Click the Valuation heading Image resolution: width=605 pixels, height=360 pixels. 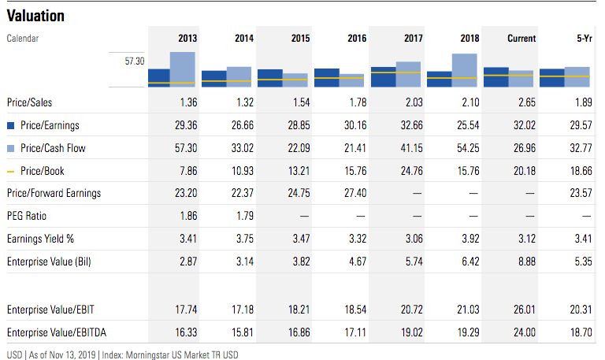35,16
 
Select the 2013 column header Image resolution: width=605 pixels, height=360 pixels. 187,38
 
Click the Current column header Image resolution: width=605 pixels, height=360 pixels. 521,38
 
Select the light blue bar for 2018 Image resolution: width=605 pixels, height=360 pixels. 465,68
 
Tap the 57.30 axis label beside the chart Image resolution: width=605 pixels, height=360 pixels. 134,60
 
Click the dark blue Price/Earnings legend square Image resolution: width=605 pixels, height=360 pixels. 11,125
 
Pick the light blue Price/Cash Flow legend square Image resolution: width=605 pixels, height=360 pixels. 11,148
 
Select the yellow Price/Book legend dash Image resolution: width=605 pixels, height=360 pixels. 11,171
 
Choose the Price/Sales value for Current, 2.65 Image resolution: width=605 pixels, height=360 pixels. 525,102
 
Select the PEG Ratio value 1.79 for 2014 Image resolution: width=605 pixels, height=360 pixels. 244,216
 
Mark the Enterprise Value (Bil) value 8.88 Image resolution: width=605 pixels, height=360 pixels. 525,262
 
